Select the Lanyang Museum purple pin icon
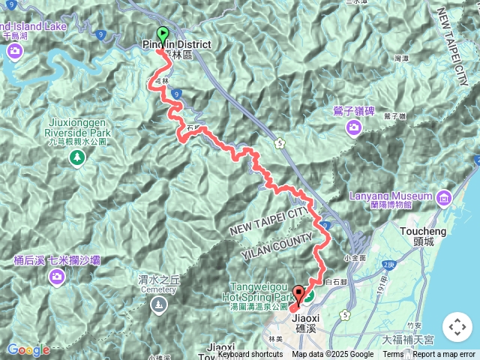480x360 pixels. point(443,198)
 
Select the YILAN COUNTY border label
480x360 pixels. point(277,246)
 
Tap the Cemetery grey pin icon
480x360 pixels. point(158,304)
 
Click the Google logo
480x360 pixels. point(28,349)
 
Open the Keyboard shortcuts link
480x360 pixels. point(250,355)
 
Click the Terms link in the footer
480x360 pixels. point(393,355)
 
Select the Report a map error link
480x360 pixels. point(444,355)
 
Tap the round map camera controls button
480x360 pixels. point(456,327)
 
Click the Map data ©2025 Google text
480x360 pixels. point(333,355)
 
